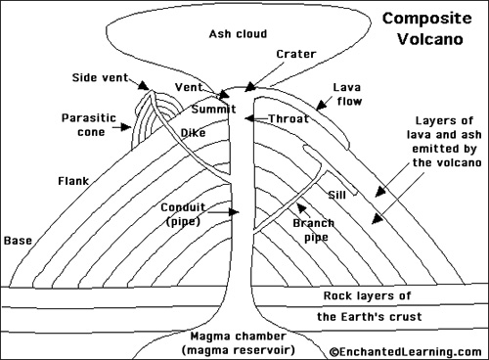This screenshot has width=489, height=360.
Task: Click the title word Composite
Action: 426,18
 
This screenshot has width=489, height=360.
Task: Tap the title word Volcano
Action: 426,40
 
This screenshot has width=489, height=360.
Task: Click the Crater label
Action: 295,55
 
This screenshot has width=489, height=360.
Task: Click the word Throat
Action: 289,118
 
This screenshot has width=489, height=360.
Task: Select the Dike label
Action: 193,132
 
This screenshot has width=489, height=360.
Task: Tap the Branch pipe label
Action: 314,230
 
